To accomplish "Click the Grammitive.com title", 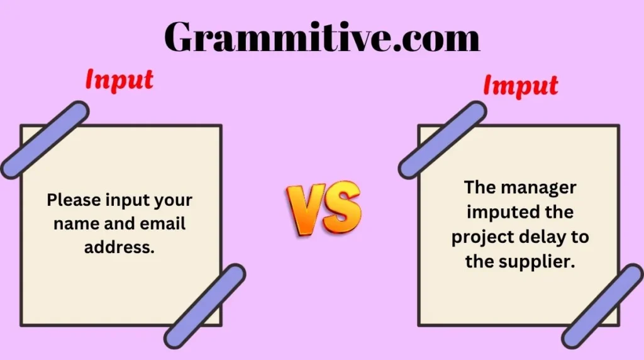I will [x=321, y=38].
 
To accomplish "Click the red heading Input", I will [x=119, y=80].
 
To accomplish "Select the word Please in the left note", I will [x=71, y=201].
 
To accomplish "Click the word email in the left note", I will [x=165, y=224].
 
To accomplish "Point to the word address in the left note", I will [x=119, y=247].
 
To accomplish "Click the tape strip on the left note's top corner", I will [x=45, y=139].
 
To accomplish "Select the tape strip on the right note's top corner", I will [x=442, y=139].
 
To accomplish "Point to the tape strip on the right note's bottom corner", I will [x=602, y=307].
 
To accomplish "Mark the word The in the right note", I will [x=479, y=188].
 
